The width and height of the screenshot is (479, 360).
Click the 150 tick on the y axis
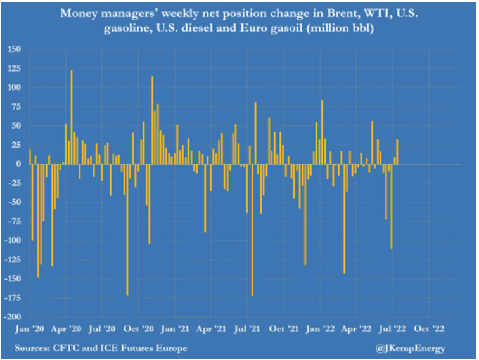point(14,49)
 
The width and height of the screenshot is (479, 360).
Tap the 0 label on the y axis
point(18,164)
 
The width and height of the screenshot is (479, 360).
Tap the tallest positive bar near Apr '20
point(72,117)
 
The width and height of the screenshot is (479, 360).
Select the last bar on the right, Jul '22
point(397,152)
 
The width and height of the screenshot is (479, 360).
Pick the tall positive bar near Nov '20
point(152,120)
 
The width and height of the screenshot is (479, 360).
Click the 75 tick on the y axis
point(16,106)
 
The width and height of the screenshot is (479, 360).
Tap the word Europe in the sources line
point(172,348)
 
